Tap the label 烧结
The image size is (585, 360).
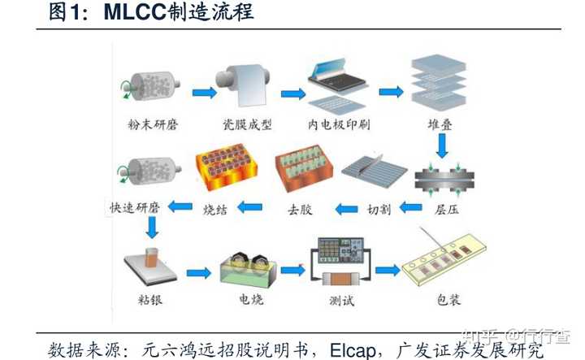pos(219,209)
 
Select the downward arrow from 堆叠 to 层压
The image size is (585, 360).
pos(443,145)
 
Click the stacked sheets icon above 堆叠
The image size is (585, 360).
pos(439,85)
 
